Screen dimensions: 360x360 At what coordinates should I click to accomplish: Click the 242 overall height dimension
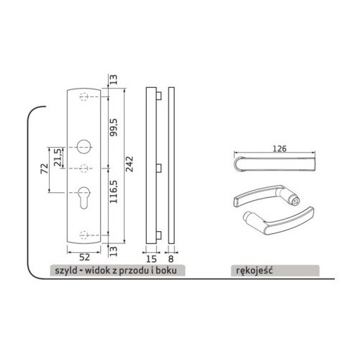(x=130, y=164)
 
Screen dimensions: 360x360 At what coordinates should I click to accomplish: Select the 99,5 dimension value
(x=114, y=127)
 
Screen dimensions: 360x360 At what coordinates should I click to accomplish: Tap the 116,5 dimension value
(x=114, y=192)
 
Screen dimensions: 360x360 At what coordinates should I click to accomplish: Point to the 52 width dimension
(x=84, y=257)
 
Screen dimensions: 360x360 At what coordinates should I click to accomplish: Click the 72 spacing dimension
(x=45, y=168)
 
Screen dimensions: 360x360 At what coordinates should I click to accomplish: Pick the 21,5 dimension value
(x=58, y=158)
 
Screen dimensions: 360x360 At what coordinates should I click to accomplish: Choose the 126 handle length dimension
(x=279, y=149)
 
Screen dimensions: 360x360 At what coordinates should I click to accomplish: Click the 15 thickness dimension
(x=151, y=258)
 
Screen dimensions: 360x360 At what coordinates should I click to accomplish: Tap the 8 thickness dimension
(x=171, y=258)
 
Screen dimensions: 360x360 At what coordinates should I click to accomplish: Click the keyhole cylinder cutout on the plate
(x=84, y=197)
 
